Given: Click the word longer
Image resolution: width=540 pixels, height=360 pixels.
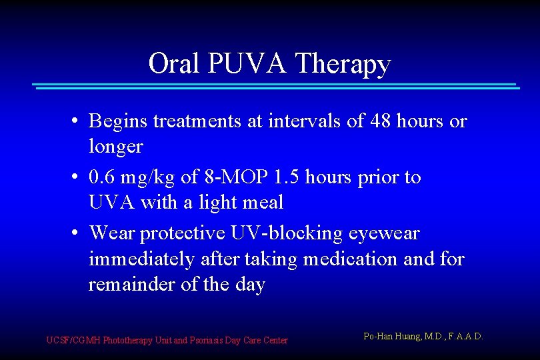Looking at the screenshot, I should (x=115, y=146).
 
